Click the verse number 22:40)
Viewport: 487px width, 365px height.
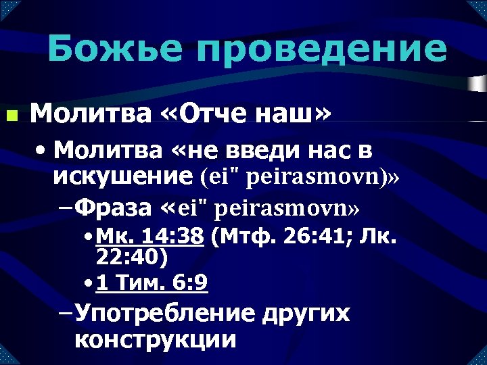point(133,258)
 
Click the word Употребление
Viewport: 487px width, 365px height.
point(165,314)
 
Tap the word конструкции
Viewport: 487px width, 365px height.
point(156,339)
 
